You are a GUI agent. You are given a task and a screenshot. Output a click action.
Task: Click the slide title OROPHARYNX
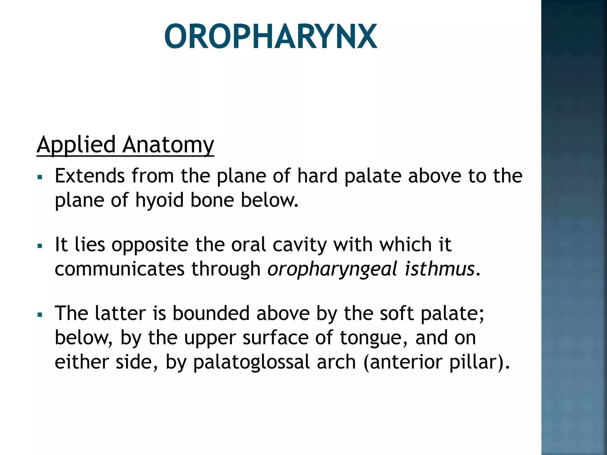click(x=270, y=36)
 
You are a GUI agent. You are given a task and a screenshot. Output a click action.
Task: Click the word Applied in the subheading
click(x=76, y=145)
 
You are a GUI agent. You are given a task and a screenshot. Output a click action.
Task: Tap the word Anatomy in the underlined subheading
click(x=168, y=145)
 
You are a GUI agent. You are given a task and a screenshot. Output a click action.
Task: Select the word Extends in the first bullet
click(x=90, y=176)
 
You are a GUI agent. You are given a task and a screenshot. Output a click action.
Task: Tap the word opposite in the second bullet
click(x=150, y=245)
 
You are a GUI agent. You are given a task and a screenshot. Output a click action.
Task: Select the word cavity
click(x=299, y=245)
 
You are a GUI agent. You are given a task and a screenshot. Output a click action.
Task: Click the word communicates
click(x=119, y=269)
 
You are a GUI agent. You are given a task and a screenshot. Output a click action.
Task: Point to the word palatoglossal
click(x=251, y=362)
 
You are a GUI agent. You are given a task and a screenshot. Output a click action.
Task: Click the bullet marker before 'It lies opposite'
click(x=40, y=246)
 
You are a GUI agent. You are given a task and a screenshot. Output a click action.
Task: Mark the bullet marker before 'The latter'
click(x=40, y=315)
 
